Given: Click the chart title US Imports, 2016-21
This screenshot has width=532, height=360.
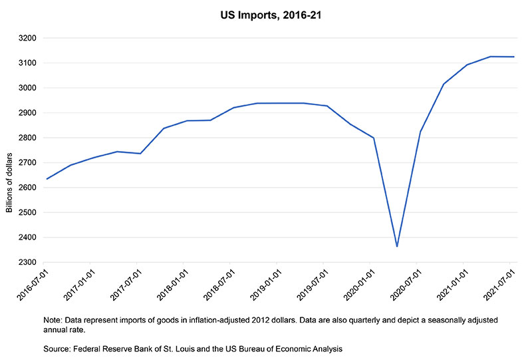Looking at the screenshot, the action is pyautogui.click(x=271, y=15).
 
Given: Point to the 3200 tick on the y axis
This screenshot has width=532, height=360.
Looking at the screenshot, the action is pyautogui.click(x=27, y=38).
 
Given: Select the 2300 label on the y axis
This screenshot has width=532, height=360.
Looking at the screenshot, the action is pyautogui.click(x=27, y=263).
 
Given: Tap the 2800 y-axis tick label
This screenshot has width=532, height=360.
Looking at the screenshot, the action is pyautogui.click(x=27, y=138).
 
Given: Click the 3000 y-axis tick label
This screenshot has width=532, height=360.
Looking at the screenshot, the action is pyautogui.click(x=27, y=88).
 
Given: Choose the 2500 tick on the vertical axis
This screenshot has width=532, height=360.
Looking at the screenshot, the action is pyautogui.click(x=27, y=212).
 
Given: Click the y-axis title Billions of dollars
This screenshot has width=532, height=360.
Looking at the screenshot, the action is pyautogui.click(x=9, y=183).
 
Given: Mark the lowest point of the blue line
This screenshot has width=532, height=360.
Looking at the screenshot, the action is pyautogui.click(x=397, y=247).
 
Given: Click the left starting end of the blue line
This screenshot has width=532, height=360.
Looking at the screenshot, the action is pyautogui.click(x=47, y=179).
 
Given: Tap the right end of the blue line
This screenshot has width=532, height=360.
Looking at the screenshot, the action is pyautogui.click(x=514, y=57).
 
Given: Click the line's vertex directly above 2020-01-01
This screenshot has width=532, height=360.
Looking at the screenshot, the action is pyautogui.click(x=374, y=138).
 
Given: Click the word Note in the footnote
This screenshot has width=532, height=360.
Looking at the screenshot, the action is pyautogui.click(x=53, y=320).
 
